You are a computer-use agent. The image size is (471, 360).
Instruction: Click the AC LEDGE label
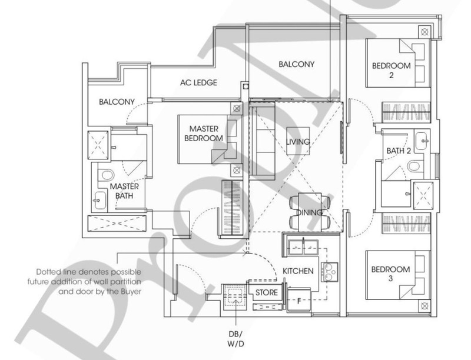[x=198, y=82]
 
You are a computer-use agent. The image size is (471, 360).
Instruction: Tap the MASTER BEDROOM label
[x=204, y=134]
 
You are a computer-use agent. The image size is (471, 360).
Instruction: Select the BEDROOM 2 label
[x=391, y=70]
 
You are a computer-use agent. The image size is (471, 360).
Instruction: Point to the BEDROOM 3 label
[x=390, y=274]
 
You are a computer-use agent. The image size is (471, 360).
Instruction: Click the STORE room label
[x=267, y=292]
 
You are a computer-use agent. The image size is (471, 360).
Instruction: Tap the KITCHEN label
[x=298, y=271]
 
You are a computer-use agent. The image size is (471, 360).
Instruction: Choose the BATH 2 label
[x=399, y=151]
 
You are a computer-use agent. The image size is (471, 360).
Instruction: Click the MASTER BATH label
[x=124, y=191]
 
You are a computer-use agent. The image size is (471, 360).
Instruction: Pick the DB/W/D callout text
[x=235, y=339]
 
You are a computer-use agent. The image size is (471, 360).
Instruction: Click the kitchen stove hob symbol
[x=329, y=272]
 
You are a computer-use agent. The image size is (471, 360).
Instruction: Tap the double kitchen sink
[x=303, y=248]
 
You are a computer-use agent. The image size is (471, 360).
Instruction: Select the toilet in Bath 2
[x=415, y=166]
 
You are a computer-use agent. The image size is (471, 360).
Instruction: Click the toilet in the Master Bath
[x=106, y=175]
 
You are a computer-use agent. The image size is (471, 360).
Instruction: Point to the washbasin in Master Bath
[x=99, y=200]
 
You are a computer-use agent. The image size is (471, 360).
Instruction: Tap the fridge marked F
[x=299, y=300]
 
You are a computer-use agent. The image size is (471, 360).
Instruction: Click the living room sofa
[x=263, y=141]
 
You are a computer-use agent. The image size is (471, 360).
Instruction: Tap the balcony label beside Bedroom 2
[x=296, y=64]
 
